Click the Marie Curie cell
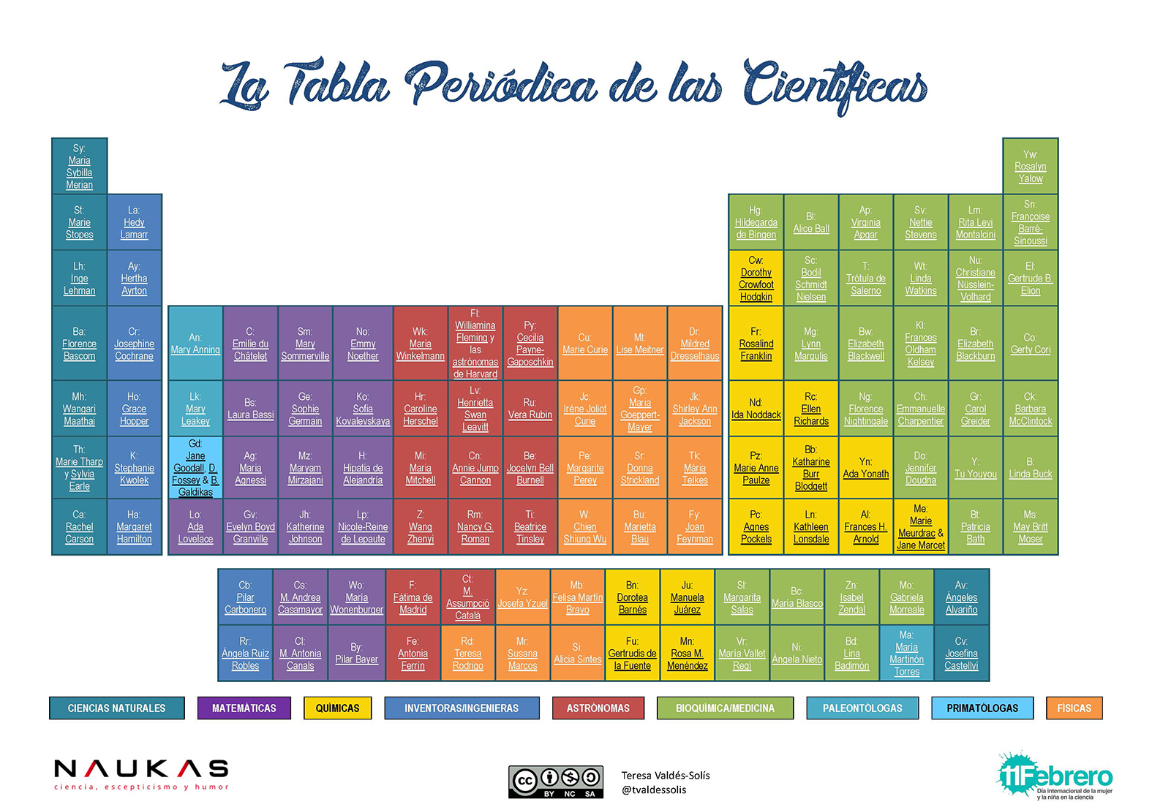coord(585,344)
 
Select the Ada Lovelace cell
coord(195,527)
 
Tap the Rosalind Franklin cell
coord(756,344)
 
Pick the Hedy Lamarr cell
coord(135,222)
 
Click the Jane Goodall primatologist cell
coord(195,468)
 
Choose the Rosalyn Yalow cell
coord(1030,167)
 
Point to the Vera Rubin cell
coord(530,409)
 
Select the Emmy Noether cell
coord(363,344)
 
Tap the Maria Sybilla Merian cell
coord(80,167)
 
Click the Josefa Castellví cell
coord(961,654)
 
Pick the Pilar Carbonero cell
coord(245,597)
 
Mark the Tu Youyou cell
coord(975,468)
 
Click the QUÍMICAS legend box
coord(337,708)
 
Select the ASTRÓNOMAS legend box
coord(598,708)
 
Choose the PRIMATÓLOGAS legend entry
coord(982,708)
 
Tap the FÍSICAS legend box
coord(1074,708)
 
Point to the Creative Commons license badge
coord(556,781)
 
